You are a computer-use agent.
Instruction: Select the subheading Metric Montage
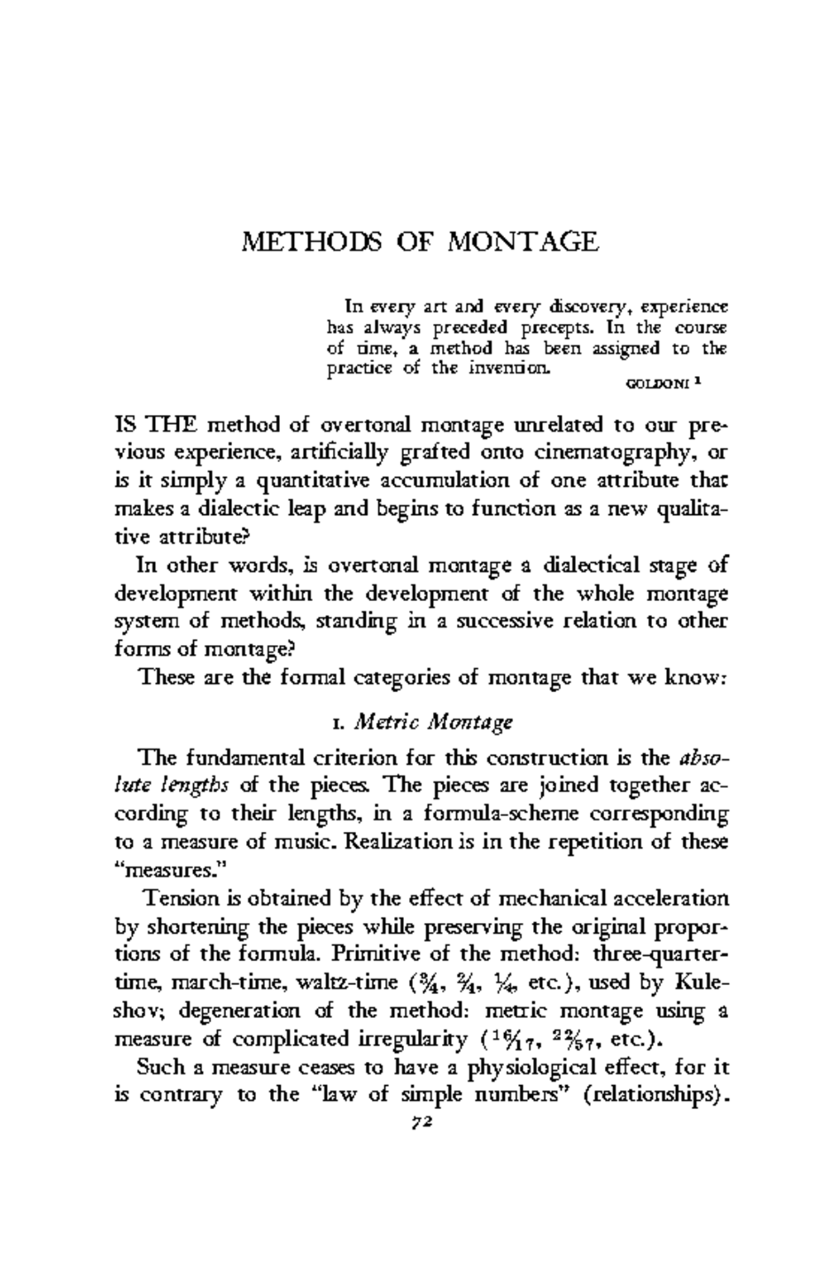tap(434, 722)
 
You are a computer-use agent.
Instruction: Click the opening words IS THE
tap(155, 425)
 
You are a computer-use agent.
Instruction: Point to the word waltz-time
tap(347, 982)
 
